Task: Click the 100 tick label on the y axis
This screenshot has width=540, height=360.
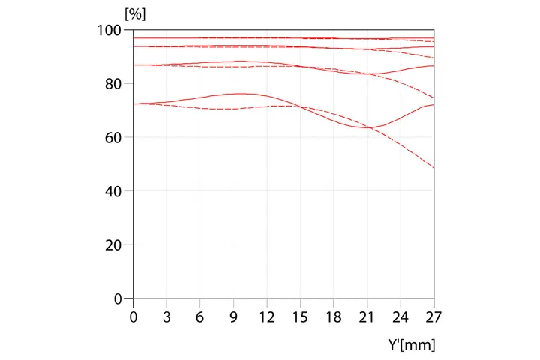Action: (109, 30)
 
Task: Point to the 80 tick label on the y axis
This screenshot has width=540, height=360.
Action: (113, 84)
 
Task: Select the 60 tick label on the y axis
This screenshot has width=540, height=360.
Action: (113, 137)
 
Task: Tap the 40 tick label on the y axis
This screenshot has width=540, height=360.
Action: (113, 191)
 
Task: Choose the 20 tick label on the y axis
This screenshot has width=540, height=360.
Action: (113, 245)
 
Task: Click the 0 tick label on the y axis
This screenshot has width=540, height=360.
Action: (118, 298)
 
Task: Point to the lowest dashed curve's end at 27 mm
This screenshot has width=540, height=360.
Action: (433, 167)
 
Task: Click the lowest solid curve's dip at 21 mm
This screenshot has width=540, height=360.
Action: (367, 127)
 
